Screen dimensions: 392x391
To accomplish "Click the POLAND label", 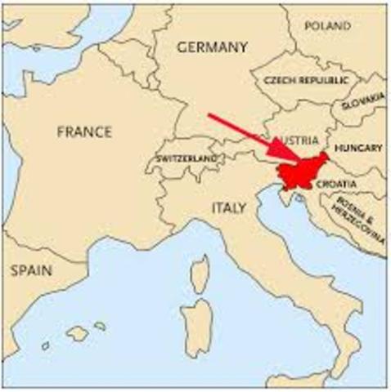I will click(327, 25).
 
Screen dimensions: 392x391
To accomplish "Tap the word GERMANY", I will click(212, 47).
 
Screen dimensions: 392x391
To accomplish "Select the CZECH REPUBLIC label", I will click(305, 80).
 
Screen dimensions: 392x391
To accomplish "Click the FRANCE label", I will click(84, 131).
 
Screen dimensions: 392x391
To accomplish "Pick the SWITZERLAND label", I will click(186, 158).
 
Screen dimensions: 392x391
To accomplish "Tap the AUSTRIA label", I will click(292, 140).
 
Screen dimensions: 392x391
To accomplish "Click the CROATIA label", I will click(335, 185).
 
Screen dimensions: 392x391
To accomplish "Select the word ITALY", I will click(228, 208).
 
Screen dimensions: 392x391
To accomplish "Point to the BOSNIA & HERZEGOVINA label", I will click(359, 219).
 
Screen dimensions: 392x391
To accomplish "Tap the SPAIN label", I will click(31, 270).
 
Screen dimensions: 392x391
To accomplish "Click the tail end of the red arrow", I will click(209, 115).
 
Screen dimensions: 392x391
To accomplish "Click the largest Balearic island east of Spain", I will click(78, 333).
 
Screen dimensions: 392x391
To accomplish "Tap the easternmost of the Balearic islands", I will click(100, 326).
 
